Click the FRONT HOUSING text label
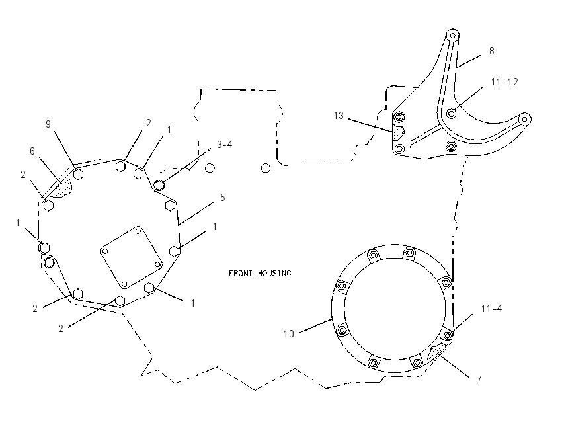pyautogui.click(x=260, y=274)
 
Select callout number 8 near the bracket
pyautogui.click(x=492, y=51)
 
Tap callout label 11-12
pyautogui.click(x=504, y=82)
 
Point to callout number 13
pyautogui.click(x=339, y=116)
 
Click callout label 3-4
pyautogui.click(x=225, y=144)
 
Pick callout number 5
pyautogui.click(x=223, y=198)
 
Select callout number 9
pyautogui.click(x=48, y=124)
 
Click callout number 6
pyautogui.click(x=32, y=151)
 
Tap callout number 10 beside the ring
pyautogui.click(x=288, y=334)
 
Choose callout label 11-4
pyautogui.click(x=491, y=309)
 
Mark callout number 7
pyautogui.click(x=479, y=379)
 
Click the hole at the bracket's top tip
pyautogui.click(x=453, y=35)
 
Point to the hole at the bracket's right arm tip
pyautogui.click(x=525, y=119)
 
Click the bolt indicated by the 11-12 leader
pyautogui.click(x=452, y=114)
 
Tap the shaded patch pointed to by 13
pyautogui.click(x=398, y=132)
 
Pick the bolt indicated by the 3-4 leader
pyautogui.click(x=159, y=185)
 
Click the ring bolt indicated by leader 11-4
pyautogui.click(x=448, y=335)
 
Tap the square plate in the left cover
pyautogui.click(x=131, y=257)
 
